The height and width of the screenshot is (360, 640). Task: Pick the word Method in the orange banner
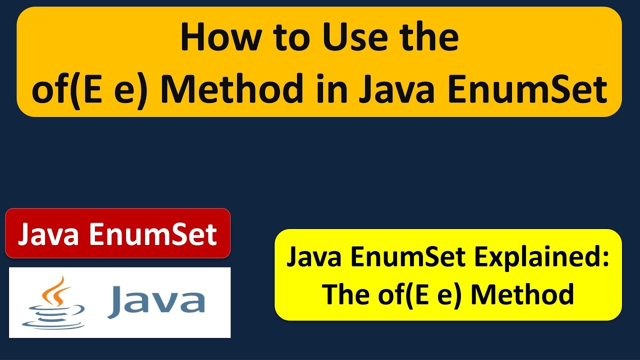click(233, 89)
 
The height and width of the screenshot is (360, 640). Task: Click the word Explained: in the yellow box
click(542, 257)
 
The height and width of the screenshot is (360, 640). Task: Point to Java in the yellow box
click(313, 257)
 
